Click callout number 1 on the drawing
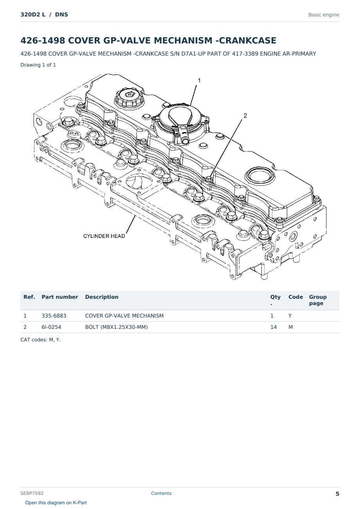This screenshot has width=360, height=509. pos(199,80)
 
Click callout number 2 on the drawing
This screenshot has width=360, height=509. pos(245,116)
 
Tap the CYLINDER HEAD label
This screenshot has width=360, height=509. pos(104,236)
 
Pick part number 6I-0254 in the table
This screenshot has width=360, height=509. pos(51,327)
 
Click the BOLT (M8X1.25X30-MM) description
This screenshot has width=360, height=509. pos(116,327)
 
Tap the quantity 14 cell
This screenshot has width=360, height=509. pos(274,327)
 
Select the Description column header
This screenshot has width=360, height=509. pos(102,297)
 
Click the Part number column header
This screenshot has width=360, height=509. pos(60,297)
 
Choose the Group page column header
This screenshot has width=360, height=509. pos(318,300)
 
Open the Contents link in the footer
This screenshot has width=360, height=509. pos(161,493)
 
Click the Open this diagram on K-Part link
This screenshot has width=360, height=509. pos(56,503)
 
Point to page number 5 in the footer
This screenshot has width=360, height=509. pos(337,494)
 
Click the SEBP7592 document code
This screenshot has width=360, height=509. pos(32,493)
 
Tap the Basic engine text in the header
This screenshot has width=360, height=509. pos(324,15)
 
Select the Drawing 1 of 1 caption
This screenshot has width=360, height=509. pos(38,65)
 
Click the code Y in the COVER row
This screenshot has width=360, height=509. pos(290,316)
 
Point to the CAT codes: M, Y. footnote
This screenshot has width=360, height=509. pos(41,340)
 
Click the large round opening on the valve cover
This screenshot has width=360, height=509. pos(259,176)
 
